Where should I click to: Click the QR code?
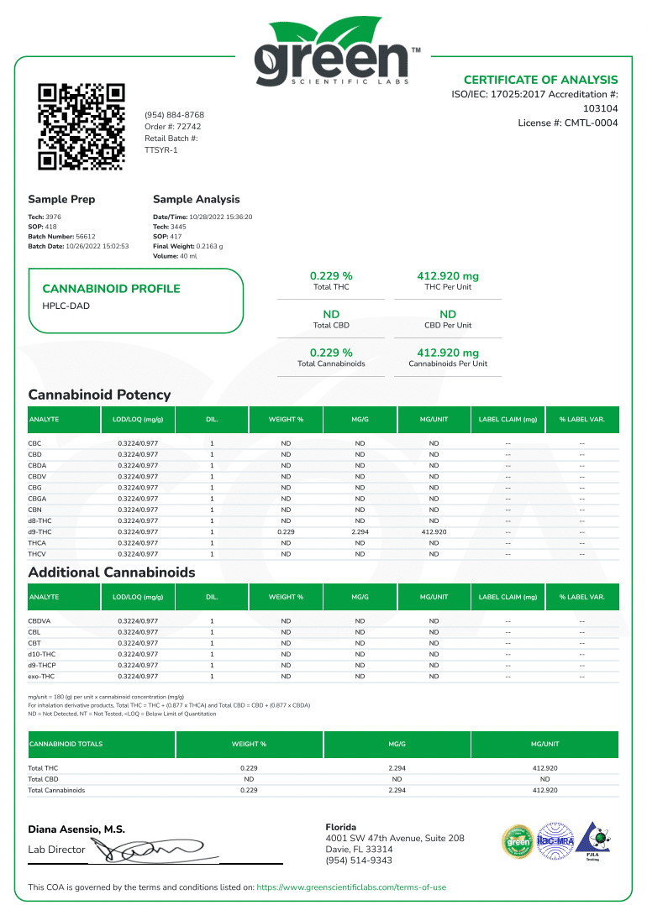coord(82,127)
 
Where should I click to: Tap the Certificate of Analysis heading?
coord(540,80)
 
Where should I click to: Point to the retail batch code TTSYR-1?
coord(161,149)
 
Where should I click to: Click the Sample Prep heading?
coord(61,199)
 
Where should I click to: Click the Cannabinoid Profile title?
coord(111,289)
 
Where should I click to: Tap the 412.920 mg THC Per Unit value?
coord(448,275)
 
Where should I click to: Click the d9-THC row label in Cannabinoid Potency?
coord(39,531)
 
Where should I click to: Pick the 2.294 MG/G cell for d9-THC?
coord(360,531)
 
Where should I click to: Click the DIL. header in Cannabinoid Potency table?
coord(212,419)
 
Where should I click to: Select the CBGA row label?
coord(38,499)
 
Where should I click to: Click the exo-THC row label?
coord(41,676)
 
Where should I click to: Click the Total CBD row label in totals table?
coord(43,779)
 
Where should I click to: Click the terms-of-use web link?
coord(351,887)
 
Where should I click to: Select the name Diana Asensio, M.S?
coord(76,829)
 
